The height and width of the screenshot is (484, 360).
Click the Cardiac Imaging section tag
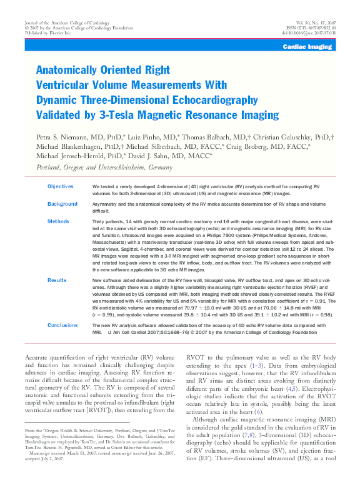tap(307, 47)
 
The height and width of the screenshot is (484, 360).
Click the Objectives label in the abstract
tap(61, 186)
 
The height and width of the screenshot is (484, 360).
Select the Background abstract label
tap(62, 204)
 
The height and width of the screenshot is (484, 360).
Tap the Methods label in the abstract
tap(58, 221)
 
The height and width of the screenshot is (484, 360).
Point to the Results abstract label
tap(57, 281)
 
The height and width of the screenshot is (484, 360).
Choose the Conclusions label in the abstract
tap(62, 325)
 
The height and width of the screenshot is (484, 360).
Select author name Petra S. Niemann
tap(63, 136)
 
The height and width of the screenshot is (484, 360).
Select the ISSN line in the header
tap(309, 28)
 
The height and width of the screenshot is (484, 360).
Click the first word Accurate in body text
tap(37, 357)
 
